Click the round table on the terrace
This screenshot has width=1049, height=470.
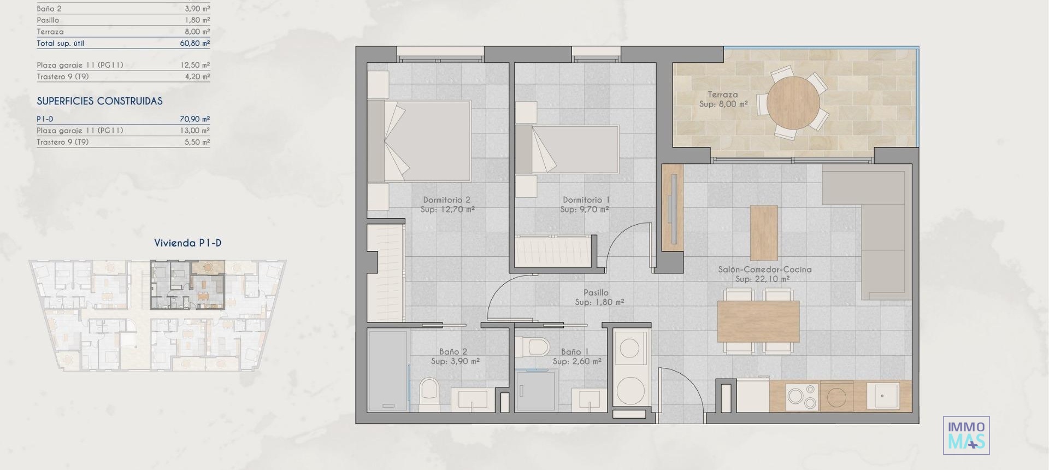793,102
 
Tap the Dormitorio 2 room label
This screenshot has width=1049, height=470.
446,200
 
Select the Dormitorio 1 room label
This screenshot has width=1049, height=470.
586,200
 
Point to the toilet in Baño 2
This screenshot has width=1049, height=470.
429,393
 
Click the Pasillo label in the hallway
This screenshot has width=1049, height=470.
596,292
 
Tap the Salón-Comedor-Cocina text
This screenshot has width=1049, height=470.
764,269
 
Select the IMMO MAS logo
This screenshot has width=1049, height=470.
966,435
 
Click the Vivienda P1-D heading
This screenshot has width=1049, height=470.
187,243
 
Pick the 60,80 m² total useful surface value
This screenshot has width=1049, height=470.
195,43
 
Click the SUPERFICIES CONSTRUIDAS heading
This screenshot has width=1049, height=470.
99,101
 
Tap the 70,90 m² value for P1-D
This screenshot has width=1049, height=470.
195,119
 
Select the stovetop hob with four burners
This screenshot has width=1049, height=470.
802,397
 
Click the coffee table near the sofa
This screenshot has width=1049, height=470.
763,232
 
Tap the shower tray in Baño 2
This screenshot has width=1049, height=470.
388,371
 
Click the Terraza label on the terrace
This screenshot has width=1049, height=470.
722,95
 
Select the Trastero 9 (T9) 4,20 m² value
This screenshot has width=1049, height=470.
197,77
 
